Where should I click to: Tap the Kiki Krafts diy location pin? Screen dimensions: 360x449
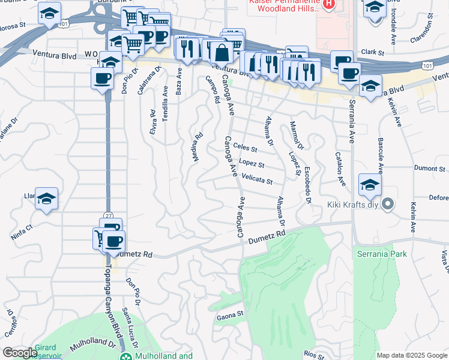[x=387, y=205]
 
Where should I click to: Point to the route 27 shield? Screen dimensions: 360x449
[x=108, y=215]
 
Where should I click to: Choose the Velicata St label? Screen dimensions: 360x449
[x=257, y=179]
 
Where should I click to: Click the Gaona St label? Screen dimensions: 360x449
[x=229, y=314]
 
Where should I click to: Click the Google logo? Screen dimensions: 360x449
[x=20, y=353]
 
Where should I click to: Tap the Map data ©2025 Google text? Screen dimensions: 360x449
[x=411, y=355]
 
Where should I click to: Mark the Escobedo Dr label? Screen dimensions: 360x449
[x=307, y=185]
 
